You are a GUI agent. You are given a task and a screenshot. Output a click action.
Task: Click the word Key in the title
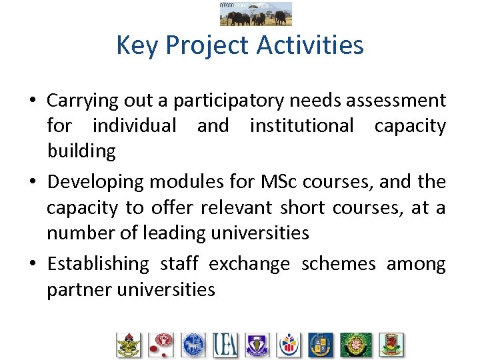click(x=137, y=45)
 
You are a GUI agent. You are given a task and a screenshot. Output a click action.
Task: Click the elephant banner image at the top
click(x=255, y=13)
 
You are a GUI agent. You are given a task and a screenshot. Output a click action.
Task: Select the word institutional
click(x=301, y=125)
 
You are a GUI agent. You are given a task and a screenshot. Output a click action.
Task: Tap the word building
click(x=81, y=151)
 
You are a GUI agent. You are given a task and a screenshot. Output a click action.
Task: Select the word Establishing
click(x=98, y=264)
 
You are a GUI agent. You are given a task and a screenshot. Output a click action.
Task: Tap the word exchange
click(x=249, y=264)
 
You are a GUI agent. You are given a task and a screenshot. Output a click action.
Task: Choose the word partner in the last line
click(x=75, y=289)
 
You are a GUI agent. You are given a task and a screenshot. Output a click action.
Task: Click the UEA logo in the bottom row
click(x=225, y=345)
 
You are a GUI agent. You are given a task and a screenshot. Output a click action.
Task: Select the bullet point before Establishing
click(x=32, y=265)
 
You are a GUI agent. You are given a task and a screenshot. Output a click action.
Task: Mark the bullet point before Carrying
click(x=32, y=101)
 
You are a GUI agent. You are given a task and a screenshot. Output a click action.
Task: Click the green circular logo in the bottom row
click(x=356, y=345)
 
